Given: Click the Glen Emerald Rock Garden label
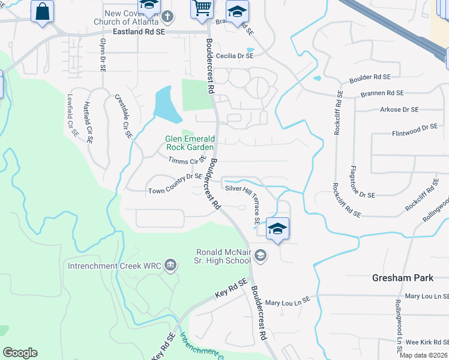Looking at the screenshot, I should (x=190, y=143).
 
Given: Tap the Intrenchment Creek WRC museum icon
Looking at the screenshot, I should (x=170, y=265).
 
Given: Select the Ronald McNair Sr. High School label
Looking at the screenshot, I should (x=224, y=256).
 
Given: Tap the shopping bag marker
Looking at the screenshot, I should (x=43, y=11).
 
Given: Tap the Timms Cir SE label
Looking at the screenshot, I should (x=187, y=161).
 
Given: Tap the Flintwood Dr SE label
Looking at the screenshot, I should (x=415, y=127).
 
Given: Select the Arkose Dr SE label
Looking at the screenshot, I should (x=399, y=110).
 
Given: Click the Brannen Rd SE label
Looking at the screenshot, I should (x=382, y=93).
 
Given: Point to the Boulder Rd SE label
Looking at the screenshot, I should (x=370, y=77).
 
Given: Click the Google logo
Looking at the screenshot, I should (x=20, y=353).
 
